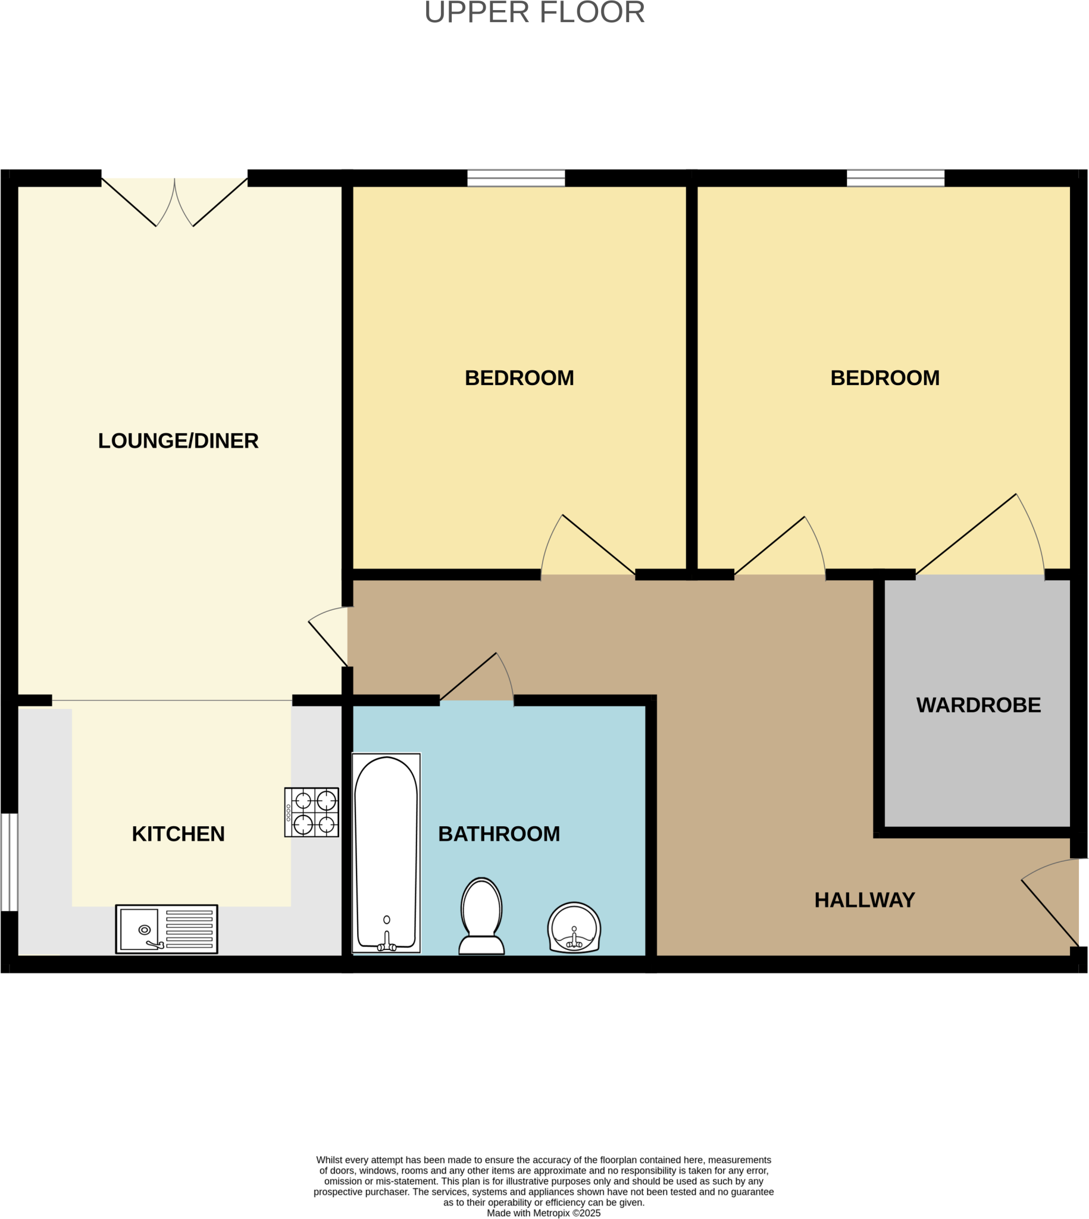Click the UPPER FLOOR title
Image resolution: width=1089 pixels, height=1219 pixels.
[534, 12]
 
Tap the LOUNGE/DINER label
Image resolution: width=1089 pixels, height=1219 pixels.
[179, 441]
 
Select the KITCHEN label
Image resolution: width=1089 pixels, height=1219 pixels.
[179, 834]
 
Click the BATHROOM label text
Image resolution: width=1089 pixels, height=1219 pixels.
[499, 834]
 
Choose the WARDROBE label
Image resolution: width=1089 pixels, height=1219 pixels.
[978, 705]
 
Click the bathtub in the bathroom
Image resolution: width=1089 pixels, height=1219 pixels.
[386, 853]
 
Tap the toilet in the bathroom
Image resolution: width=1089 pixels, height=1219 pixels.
[481, 915]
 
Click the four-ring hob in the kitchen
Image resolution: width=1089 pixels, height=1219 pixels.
[312, 812]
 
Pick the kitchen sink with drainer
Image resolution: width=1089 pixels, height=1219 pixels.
[167, 929]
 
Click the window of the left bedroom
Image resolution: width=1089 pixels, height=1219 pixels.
[516, 179]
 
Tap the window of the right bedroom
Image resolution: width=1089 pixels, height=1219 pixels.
[895, 179]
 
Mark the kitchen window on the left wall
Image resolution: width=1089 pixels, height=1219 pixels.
[9, 862]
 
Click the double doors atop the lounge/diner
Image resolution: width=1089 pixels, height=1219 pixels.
[174, 201]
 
